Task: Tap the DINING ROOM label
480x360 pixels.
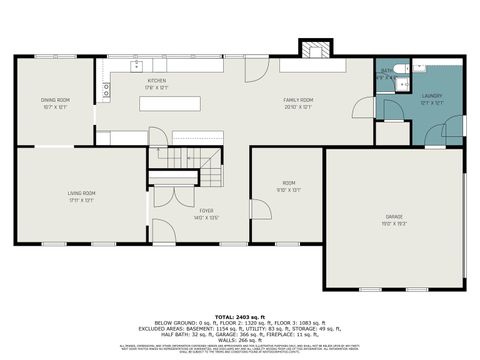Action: pos(55,99)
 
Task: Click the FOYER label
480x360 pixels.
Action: pos(206,210)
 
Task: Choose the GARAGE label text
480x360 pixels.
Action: pos(394,216)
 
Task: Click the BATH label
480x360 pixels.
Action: pos(386,71)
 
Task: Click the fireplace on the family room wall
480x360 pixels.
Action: pos(314,50)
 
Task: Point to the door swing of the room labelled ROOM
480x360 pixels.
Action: pos(259,209)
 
